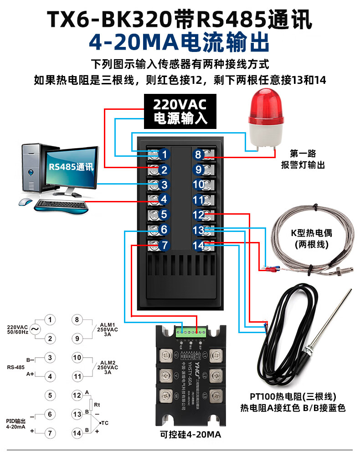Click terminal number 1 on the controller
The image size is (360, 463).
[165, 154]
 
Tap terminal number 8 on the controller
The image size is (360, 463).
[198, 154]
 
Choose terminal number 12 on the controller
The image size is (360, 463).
[199, 215]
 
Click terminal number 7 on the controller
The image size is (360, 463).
[165, 245]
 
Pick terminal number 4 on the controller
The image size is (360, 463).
[165, 200]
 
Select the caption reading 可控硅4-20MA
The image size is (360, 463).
[191, 434]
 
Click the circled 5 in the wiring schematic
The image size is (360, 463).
[51, 395]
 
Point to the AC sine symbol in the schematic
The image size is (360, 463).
[34, 329]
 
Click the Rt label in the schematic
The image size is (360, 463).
[97, 404]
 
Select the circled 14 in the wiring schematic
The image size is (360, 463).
[77, 433]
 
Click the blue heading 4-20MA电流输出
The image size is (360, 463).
[180, 43]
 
